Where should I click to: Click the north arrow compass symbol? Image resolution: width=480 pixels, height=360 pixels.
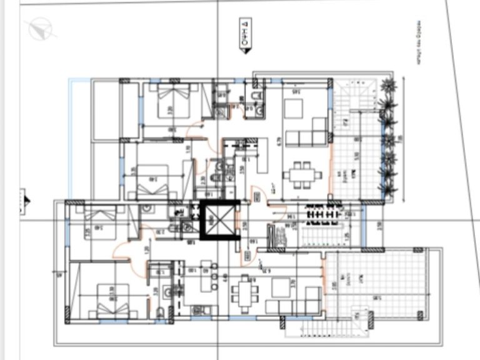click(39, 29)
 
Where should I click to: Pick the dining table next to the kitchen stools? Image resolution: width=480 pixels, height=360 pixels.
click(246, 293)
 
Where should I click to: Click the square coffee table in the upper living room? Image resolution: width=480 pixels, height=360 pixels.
click(293, 109)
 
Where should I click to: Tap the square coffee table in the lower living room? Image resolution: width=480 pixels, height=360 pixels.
click(281, 284)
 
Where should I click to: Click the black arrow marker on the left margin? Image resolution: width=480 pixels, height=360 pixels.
click(26, 200)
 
